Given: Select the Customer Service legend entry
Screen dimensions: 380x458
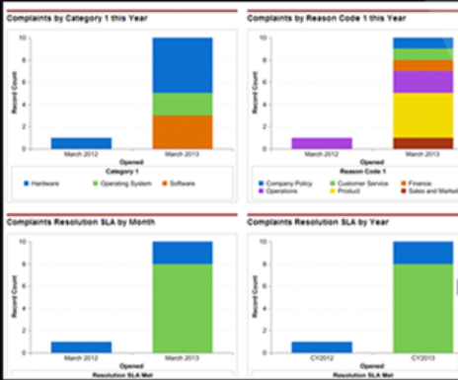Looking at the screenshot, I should pyautogui.click(x=356, y=183).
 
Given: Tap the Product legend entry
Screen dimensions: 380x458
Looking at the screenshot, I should pyautogui.click(x=346, y=190).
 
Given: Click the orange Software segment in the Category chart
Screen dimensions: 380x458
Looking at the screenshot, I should pyautogui.click(x=182, y=131).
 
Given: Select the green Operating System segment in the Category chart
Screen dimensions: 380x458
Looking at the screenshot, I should pyautogui.click(x=182, y=104).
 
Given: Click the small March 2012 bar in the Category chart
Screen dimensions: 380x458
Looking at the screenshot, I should pyautogui.click(x=80, y=142).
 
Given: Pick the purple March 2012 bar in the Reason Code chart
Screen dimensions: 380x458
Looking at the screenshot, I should pyautogui.click(x=321, y=142).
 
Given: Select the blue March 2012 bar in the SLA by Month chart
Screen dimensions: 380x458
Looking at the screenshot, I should pyautogui.click(x=80, y=346).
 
